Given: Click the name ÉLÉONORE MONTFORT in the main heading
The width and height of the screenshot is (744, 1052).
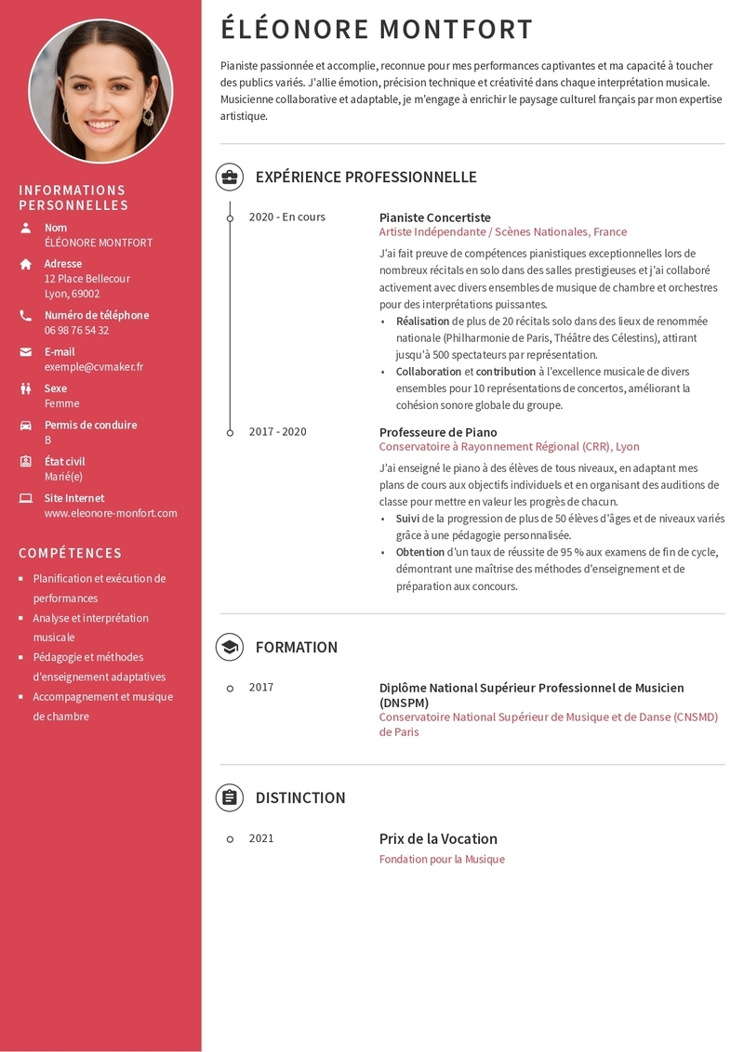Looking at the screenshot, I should pos(377,30).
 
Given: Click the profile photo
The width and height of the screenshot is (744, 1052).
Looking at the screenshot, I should pos(100,91).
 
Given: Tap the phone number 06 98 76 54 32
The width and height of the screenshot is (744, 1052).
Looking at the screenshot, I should pos(76,330).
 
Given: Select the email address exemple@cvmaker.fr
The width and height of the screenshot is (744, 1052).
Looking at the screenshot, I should pos(94,367).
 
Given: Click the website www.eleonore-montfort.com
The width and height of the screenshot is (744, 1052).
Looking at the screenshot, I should pos(111,513).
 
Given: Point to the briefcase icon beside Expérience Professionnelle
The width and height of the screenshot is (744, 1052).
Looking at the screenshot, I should pos(230,177).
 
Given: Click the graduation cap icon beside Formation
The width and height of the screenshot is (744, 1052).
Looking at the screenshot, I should pos(230,647).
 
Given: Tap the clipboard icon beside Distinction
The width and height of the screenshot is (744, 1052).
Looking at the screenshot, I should pos(230,797).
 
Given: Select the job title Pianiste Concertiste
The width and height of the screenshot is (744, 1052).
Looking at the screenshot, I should pos(434,217).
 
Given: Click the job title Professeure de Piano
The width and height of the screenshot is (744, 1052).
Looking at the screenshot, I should pos(438,432).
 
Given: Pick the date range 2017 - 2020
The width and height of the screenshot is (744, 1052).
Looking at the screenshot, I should pos(277,431).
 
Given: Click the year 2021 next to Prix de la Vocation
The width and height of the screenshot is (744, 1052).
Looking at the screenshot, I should pos(261,838).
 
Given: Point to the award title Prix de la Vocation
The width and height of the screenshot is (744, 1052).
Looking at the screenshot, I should pos(438,838).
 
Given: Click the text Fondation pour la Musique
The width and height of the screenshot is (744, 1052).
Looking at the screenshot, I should pos(442,860).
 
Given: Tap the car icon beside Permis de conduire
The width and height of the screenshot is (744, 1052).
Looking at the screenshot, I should pos(26,425).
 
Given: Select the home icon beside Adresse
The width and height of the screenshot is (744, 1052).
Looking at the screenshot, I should pos(26,264).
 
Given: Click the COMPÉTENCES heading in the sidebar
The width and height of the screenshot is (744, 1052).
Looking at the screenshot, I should pos(71,553).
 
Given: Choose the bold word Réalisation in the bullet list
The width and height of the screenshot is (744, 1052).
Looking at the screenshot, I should pos(423,321).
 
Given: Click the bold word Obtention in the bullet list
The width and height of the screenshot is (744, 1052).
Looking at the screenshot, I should pos(420,552).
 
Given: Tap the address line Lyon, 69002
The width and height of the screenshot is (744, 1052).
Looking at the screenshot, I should pos(72,294).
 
